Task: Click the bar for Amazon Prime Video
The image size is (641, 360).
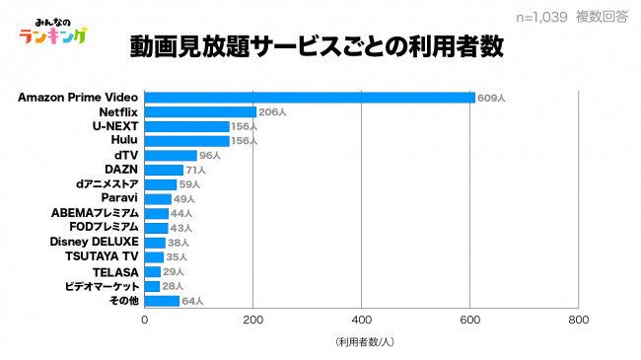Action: click(310, 98)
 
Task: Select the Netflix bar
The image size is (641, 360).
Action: click(200, 112)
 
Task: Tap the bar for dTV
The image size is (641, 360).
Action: click(171, 156)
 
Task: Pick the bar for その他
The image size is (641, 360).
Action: click(162, 301)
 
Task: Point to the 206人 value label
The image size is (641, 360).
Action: click(272, 112)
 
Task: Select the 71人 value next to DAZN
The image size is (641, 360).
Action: click(196, 171)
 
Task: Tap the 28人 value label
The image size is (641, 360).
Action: click(173, 286)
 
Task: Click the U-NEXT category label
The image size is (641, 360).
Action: click(115, 127)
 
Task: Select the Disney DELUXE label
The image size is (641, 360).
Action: click(94, 242)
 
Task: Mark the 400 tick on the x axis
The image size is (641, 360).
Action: click(361, 321)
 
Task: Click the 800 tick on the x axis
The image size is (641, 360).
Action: click(578, 321)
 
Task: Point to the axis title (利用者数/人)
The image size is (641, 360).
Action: click(363, 342)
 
